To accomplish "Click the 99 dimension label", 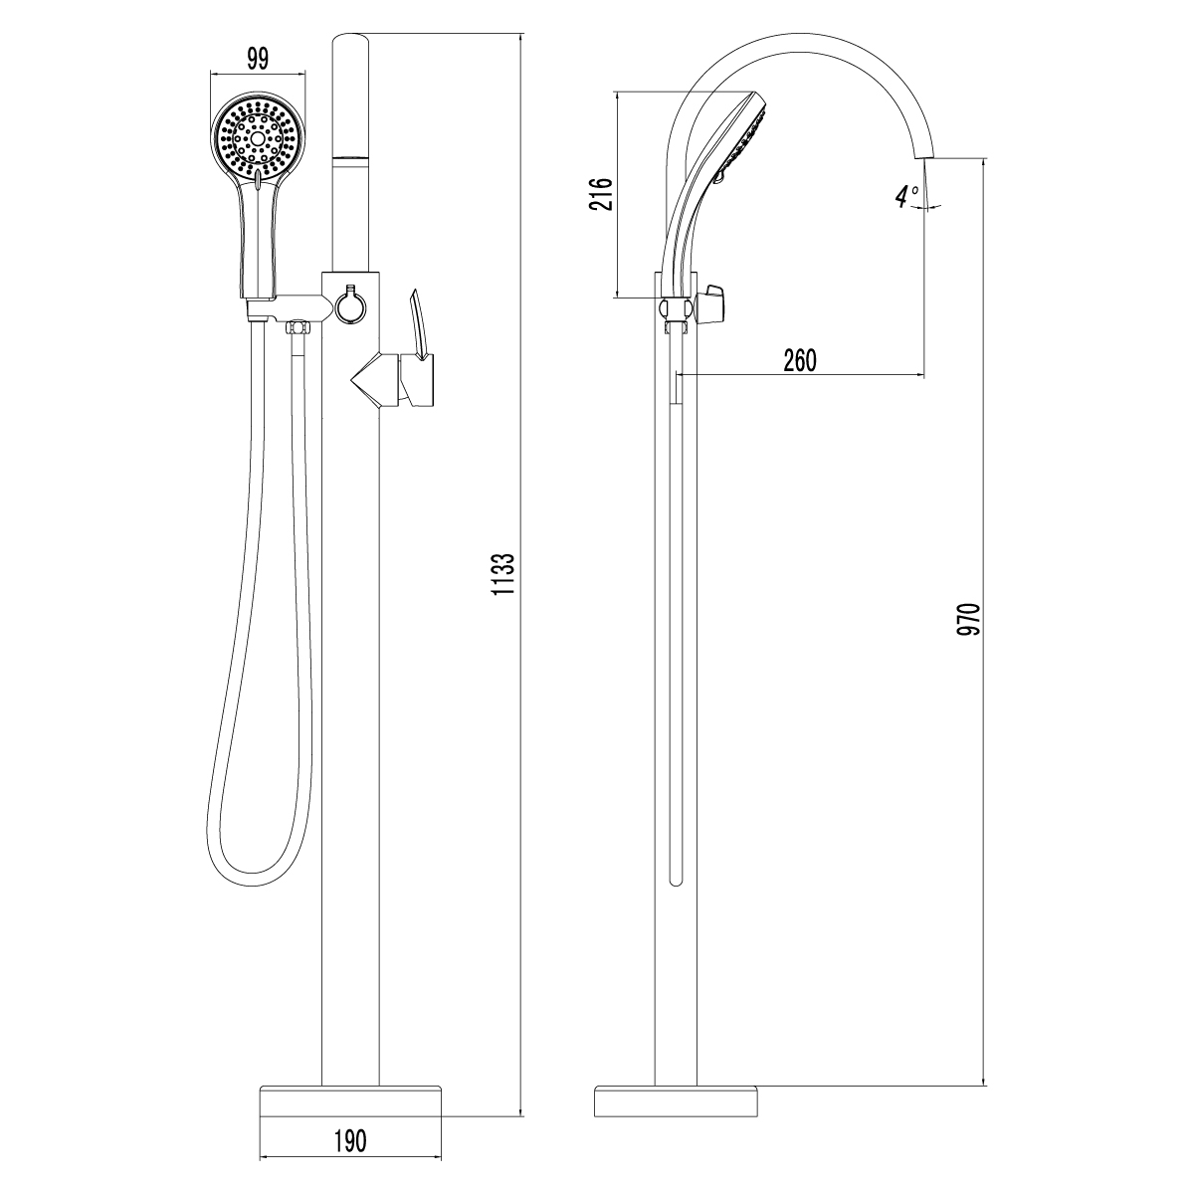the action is [258, 59].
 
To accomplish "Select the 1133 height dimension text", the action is [503, 574].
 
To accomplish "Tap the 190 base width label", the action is [350, 1140].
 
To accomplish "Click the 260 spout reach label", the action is [800, 360].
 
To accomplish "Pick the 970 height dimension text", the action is [969, 618].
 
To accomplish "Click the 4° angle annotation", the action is [906, 196].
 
